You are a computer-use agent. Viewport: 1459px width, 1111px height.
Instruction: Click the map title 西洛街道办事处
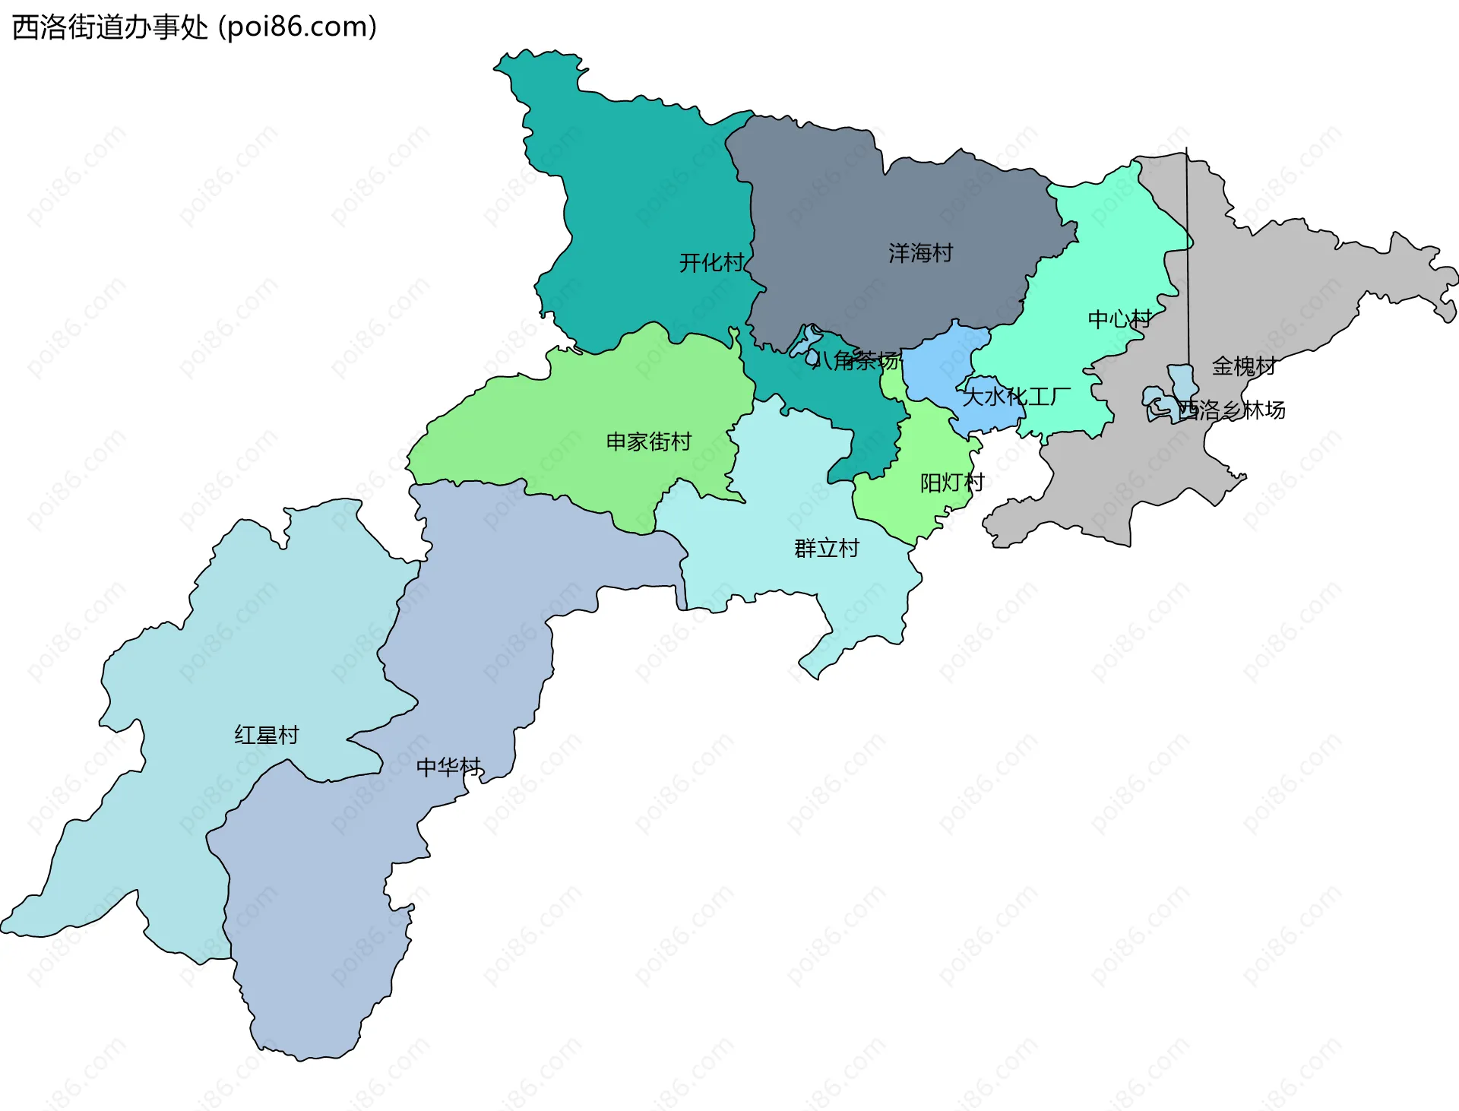click(110, 27)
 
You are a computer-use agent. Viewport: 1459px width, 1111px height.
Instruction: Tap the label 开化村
click(711, 263)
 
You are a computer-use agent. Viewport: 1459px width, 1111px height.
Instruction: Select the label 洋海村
click(920, 253)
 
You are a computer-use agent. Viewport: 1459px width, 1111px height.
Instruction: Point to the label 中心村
click(1119, 318)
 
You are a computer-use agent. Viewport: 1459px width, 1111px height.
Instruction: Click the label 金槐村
click(1243, 366)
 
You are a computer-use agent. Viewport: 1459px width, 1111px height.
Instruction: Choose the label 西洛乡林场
click(1231, 410)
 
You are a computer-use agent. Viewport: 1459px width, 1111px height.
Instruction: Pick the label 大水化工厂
click(1016, 397)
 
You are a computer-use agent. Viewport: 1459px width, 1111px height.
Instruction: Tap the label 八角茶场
click(855, 360)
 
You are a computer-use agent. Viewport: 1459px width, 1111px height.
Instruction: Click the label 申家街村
click(648, 442)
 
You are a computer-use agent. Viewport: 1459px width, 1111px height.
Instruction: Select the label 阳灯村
click(951, 483)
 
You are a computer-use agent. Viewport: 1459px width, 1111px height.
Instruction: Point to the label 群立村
click(826, 548)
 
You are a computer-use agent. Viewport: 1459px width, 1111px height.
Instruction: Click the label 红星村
click(266, 735)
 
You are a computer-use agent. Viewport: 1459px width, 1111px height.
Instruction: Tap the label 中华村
click(448, 767)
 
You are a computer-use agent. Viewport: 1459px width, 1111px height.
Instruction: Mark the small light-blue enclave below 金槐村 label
click(1182, 380)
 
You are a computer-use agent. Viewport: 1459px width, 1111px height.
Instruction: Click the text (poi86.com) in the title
click(298, 27)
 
